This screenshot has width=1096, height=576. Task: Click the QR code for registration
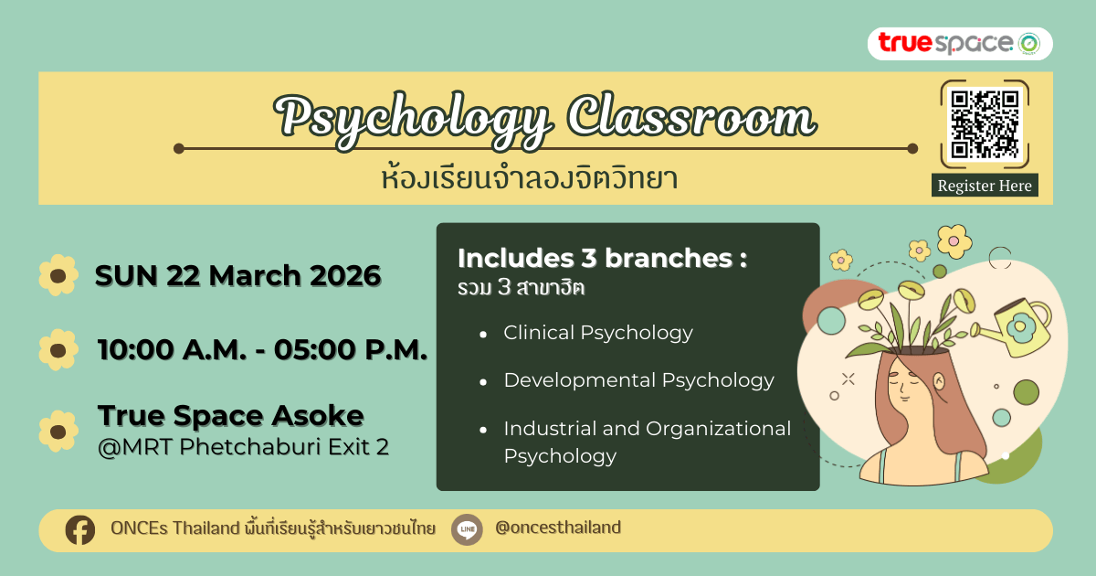pos(985,124)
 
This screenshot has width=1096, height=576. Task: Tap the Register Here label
pos(985,186)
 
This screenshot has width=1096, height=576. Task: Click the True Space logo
pos(960,44)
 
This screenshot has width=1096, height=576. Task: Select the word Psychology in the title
pos(414,119)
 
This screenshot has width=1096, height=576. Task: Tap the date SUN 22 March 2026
pos(237,275)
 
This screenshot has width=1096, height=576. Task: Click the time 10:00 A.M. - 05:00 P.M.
pos(263,349)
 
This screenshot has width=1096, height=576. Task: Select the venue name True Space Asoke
pos(231,415)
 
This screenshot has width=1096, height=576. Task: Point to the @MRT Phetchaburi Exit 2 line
pos(243,447)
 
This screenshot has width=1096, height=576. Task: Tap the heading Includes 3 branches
pos(603,258)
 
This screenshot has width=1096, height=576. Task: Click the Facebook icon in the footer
pos(80,530)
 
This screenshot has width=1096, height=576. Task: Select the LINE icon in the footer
pos(467,529)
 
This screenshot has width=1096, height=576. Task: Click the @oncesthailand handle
pos(558,528)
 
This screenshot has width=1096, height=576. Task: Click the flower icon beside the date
pos(58,275)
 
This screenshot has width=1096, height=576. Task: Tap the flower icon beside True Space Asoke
pos(58,431)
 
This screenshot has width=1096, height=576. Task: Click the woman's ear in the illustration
pos(939,381)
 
